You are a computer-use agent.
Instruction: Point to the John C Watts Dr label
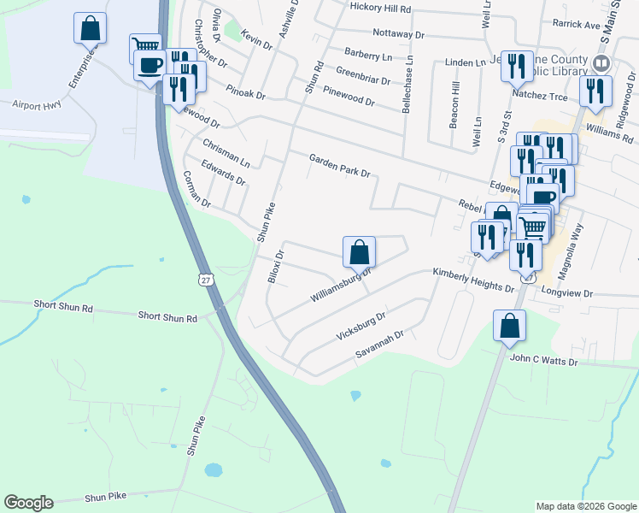tap(544, 363)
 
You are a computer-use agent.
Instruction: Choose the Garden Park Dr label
tap(339, 165)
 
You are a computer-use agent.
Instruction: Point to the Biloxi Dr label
tap(275, 267)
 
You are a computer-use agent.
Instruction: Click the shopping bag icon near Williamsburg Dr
tap(360, 252)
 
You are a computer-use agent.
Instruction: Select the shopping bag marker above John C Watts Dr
tap(510, 326)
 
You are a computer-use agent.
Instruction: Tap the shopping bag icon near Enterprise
tap(90, 28)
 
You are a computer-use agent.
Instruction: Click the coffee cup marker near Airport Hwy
tap(150, 65)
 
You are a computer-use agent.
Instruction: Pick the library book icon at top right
tap(601, 64)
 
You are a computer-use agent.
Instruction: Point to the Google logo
tap(28, 503)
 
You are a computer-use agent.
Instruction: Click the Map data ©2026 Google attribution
tap(585, 506)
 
